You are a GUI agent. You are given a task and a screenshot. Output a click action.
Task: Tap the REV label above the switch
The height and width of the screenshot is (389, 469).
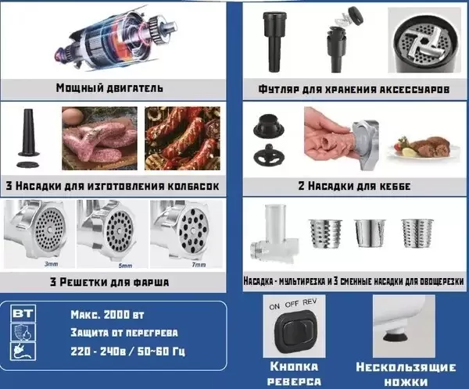pos(310,302)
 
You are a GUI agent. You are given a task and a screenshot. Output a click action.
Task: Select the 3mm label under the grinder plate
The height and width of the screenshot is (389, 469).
pos(52,264)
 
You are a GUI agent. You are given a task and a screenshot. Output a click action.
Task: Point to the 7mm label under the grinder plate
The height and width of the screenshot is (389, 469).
pos(199,265)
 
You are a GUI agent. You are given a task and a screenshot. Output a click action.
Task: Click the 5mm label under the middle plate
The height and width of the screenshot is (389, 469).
pos(125,266)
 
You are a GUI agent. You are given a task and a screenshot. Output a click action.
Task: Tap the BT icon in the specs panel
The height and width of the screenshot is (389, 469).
pos(23,313)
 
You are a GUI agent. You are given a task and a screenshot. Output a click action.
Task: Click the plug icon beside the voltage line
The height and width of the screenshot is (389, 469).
pos(23,352)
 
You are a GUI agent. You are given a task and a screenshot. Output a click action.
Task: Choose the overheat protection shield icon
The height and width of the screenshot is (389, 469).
pos(23,332)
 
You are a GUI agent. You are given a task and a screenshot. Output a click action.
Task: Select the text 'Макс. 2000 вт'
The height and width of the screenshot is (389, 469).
pos(107,315)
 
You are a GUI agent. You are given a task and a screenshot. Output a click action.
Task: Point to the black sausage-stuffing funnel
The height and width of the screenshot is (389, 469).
pos(29,133)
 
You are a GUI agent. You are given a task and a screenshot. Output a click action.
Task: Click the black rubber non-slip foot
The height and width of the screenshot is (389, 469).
pos(395,337)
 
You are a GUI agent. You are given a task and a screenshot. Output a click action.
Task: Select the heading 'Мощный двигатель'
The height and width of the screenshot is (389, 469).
pos(109,88)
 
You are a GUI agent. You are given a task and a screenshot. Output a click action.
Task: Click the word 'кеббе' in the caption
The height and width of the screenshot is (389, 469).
pos(395,186)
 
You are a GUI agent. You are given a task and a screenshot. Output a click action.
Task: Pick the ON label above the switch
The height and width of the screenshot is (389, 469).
pos(274,306)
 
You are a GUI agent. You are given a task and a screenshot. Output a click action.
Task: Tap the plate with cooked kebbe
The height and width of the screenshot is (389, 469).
pos(424,148)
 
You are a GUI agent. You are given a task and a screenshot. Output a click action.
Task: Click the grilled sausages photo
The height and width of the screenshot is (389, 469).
pos(182,138)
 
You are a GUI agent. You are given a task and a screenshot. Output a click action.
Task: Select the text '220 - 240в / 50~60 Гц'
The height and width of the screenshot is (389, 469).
pos(127,352)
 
